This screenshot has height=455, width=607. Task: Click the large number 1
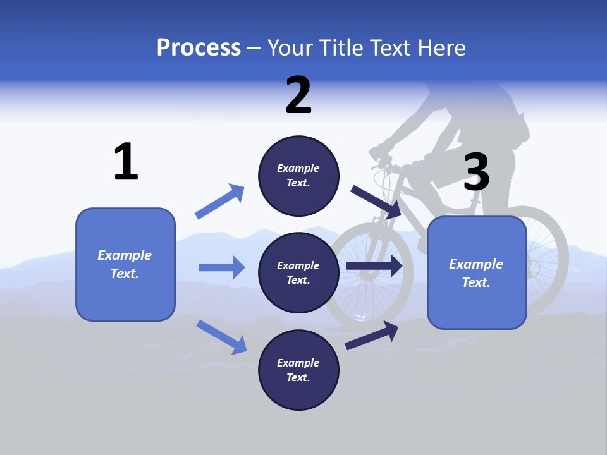pos(126,162)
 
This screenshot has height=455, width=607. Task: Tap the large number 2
pos(298,95)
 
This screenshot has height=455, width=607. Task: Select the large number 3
pos(476,172)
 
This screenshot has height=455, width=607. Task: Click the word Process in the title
pos(199,47)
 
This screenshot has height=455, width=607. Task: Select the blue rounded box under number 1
pos(125,264)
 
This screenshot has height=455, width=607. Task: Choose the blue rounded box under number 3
pos(477,273)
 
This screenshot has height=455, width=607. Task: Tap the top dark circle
pos(298,176)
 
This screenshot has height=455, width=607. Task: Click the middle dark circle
pos(298,272)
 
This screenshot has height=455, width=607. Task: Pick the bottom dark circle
pos(298,370)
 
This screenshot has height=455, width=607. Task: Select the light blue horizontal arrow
pos(221,267)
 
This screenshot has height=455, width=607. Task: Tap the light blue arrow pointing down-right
pos(221,337)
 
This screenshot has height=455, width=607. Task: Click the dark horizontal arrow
pos(374,266)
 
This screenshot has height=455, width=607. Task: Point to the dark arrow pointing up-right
pos(372,336)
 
